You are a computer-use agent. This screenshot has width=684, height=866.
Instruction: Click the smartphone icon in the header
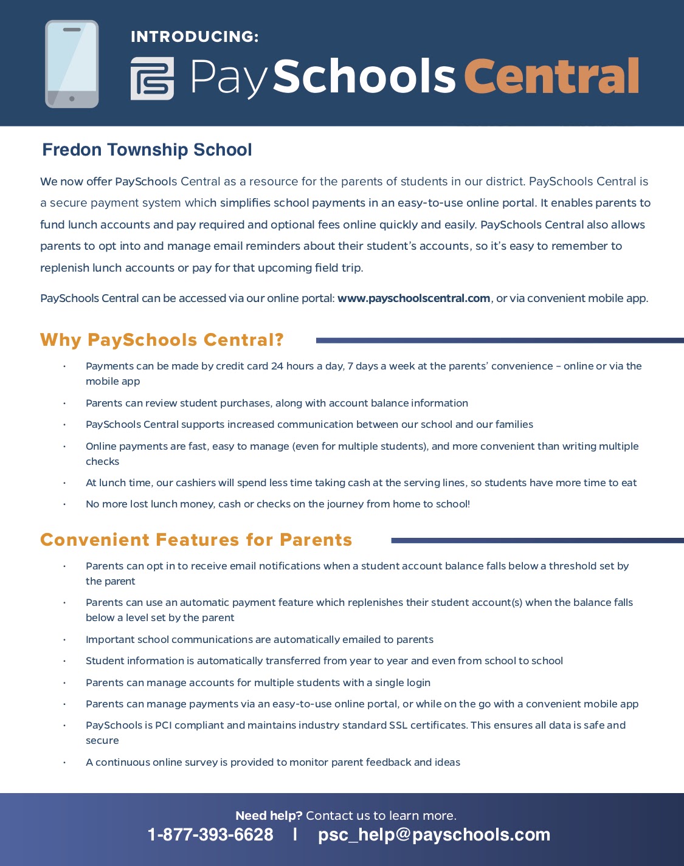pos(72,64)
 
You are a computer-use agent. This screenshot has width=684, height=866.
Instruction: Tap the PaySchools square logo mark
pos(152,78)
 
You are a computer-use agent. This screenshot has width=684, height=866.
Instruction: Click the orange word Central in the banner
pos(551,77)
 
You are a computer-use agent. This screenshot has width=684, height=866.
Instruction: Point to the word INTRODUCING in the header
pos(195,37)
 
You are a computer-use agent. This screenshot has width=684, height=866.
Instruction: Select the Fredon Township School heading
pos(147,150)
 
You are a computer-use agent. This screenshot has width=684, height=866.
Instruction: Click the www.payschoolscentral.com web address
pos(413,298)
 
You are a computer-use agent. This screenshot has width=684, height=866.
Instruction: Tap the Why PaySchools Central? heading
pos(162,340)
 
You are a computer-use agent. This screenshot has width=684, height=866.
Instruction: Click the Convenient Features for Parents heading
pos(196,540)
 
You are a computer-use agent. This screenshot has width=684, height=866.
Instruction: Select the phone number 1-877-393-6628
pos(210,835)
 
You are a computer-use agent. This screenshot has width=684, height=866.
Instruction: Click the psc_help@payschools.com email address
pos(434,835)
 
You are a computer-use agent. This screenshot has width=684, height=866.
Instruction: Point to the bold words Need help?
pos(268,816)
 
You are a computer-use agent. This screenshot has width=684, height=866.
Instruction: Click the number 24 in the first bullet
pos(277,366)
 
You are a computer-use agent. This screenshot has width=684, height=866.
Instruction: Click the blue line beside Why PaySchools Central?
pos(499,340)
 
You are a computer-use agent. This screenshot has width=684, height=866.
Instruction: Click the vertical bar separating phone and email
pos(295,834)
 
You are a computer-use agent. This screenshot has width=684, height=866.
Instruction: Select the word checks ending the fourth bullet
pos(102,461)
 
